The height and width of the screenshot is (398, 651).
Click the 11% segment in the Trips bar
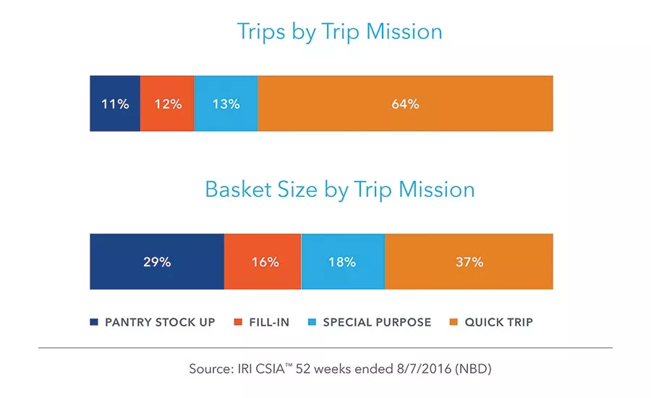click(x=115, y=103)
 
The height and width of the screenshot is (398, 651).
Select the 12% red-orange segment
click(x=167, y=103)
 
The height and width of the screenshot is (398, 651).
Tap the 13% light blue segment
click(x=226, y=103)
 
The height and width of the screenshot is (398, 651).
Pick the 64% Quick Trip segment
click(x=405, y=103)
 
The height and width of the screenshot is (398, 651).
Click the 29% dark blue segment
click(x=157, y=262)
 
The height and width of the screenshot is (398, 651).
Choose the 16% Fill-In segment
click(x=263, y=262)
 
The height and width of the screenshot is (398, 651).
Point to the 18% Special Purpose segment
click(x=343, y=262)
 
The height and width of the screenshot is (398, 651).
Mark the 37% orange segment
click(x=469, y=262)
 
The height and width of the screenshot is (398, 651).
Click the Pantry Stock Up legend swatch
click(x=94, y=322)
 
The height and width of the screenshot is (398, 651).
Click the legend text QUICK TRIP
click(x=499, y=322)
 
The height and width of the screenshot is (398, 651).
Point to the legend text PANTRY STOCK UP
click(x=160, y=322)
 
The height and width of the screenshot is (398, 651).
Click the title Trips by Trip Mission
click(x=339, y=32)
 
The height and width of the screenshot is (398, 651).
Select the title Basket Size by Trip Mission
click(x=339, y=190)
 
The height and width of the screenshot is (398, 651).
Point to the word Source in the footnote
click(x=209, y=368)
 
